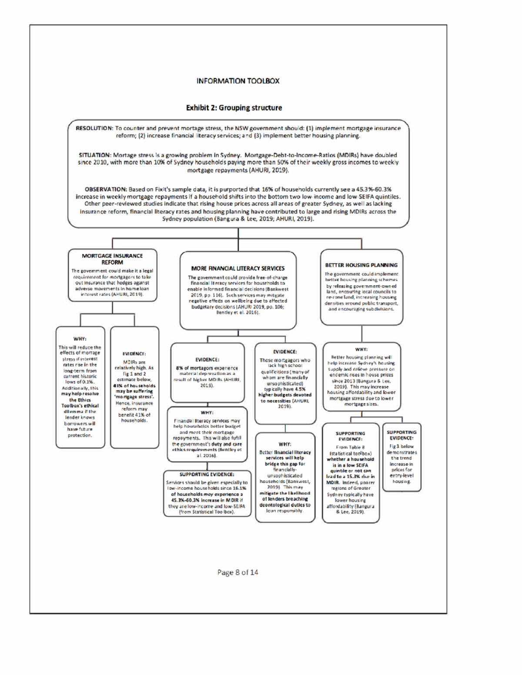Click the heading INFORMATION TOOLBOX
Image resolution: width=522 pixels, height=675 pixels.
238,81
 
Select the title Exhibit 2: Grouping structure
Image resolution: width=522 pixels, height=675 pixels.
234,108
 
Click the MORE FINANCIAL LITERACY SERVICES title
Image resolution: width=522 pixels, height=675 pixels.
238,269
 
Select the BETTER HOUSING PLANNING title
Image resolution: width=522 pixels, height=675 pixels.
361,265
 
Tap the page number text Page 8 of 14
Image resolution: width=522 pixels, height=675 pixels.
238,572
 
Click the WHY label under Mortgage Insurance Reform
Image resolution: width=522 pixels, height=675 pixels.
80,339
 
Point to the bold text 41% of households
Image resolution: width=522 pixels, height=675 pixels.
134,386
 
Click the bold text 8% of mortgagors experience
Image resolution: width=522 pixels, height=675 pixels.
207,368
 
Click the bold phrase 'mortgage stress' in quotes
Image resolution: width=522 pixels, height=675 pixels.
134,397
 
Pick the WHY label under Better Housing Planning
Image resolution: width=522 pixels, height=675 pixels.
361,349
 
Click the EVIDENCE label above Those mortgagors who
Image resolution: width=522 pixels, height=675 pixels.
285,352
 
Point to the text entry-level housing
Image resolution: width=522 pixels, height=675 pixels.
402,478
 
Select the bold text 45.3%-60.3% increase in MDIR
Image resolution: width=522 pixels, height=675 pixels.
207,500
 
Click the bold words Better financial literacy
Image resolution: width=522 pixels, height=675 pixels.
285,452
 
